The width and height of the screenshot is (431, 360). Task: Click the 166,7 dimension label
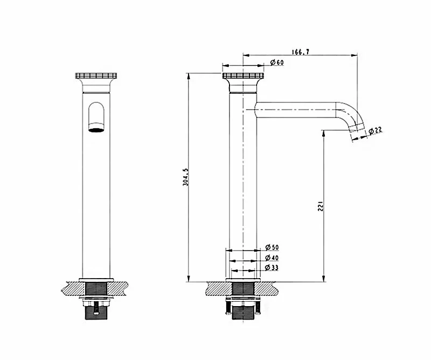(x=301, y=52)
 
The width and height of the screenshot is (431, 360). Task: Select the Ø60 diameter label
(x=277, y=63)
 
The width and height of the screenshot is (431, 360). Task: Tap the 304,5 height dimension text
(x=186, y=177)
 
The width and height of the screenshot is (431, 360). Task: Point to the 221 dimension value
(x=321, y=206)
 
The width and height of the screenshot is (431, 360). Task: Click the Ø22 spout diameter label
(x=375, y=130)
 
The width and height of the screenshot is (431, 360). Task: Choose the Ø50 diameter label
(x=272, y=247)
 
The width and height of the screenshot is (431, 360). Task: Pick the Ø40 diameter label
(x=272, y=258)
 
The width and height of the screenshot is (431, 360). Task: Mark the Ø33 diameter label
(x=272, y=267)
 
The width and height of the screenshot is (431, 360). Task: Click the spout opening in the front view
(x=96, y=130)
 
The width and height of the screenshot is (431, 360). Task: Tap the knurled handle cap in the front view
(x=96, y=75)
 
